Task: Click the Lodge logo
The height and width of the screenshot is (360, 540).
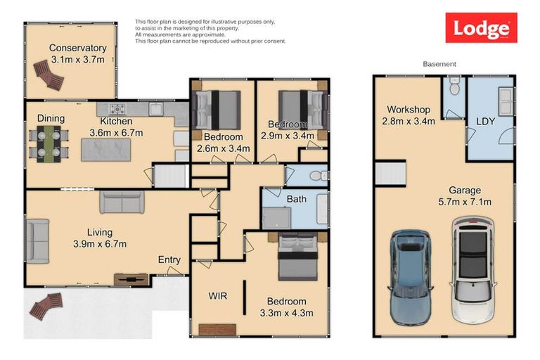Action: [x=481, y=28]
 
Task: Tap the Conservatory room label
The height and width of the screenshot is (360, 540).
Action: [x=77, y=48]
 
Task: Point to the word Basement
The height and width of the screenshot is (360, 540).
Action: [x=439, y=64]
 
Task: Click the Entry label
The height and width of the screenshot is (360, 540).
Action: [x=169, y=259]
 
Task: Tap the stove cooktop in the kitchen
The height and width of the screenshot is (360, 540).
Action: [x=116, y=109]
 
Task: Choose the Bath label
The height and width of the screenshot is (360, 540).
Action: [x=296, y=199]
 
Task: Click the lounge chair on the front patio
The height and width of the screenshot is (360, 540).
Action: [x=46, y=304]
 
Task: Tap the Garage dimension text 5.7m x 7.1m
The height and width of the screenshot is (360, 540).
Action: [x=465, y=202]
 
